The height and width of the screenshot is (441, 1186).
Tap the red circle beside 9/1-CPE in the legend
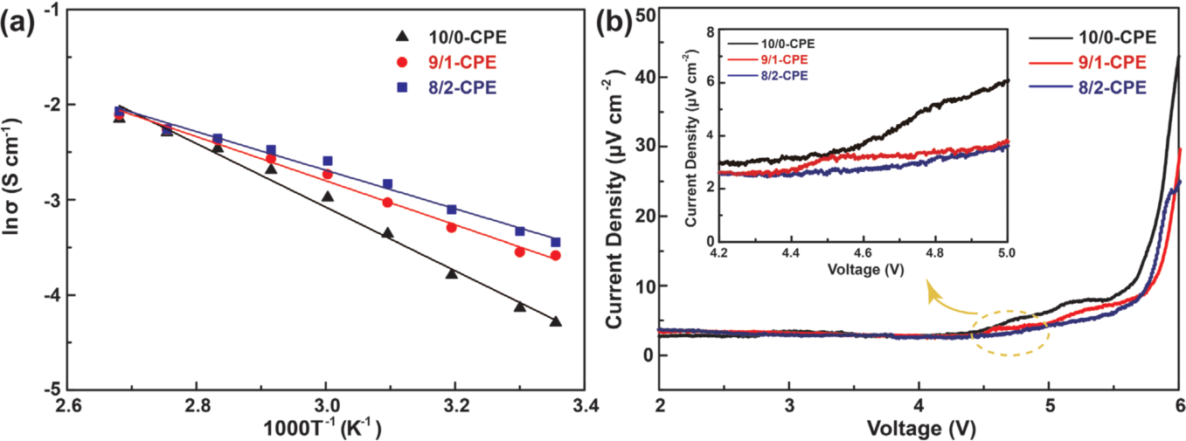[x=402, y=62]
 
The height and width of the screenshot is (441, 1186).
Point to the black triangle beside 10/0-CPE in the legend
[x=402, y=36]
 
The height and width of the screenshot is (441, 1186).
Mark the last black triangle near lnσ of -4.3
[x=556, y=321]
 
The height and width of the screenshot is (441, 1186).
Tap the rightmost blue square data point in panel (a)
[x=555, y=242]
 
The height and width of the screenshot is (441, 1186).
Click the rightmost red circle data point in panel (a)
[x=555, y=255]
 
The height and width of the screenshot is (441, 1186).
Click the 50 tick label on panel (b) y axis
[x=643, y=13]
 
